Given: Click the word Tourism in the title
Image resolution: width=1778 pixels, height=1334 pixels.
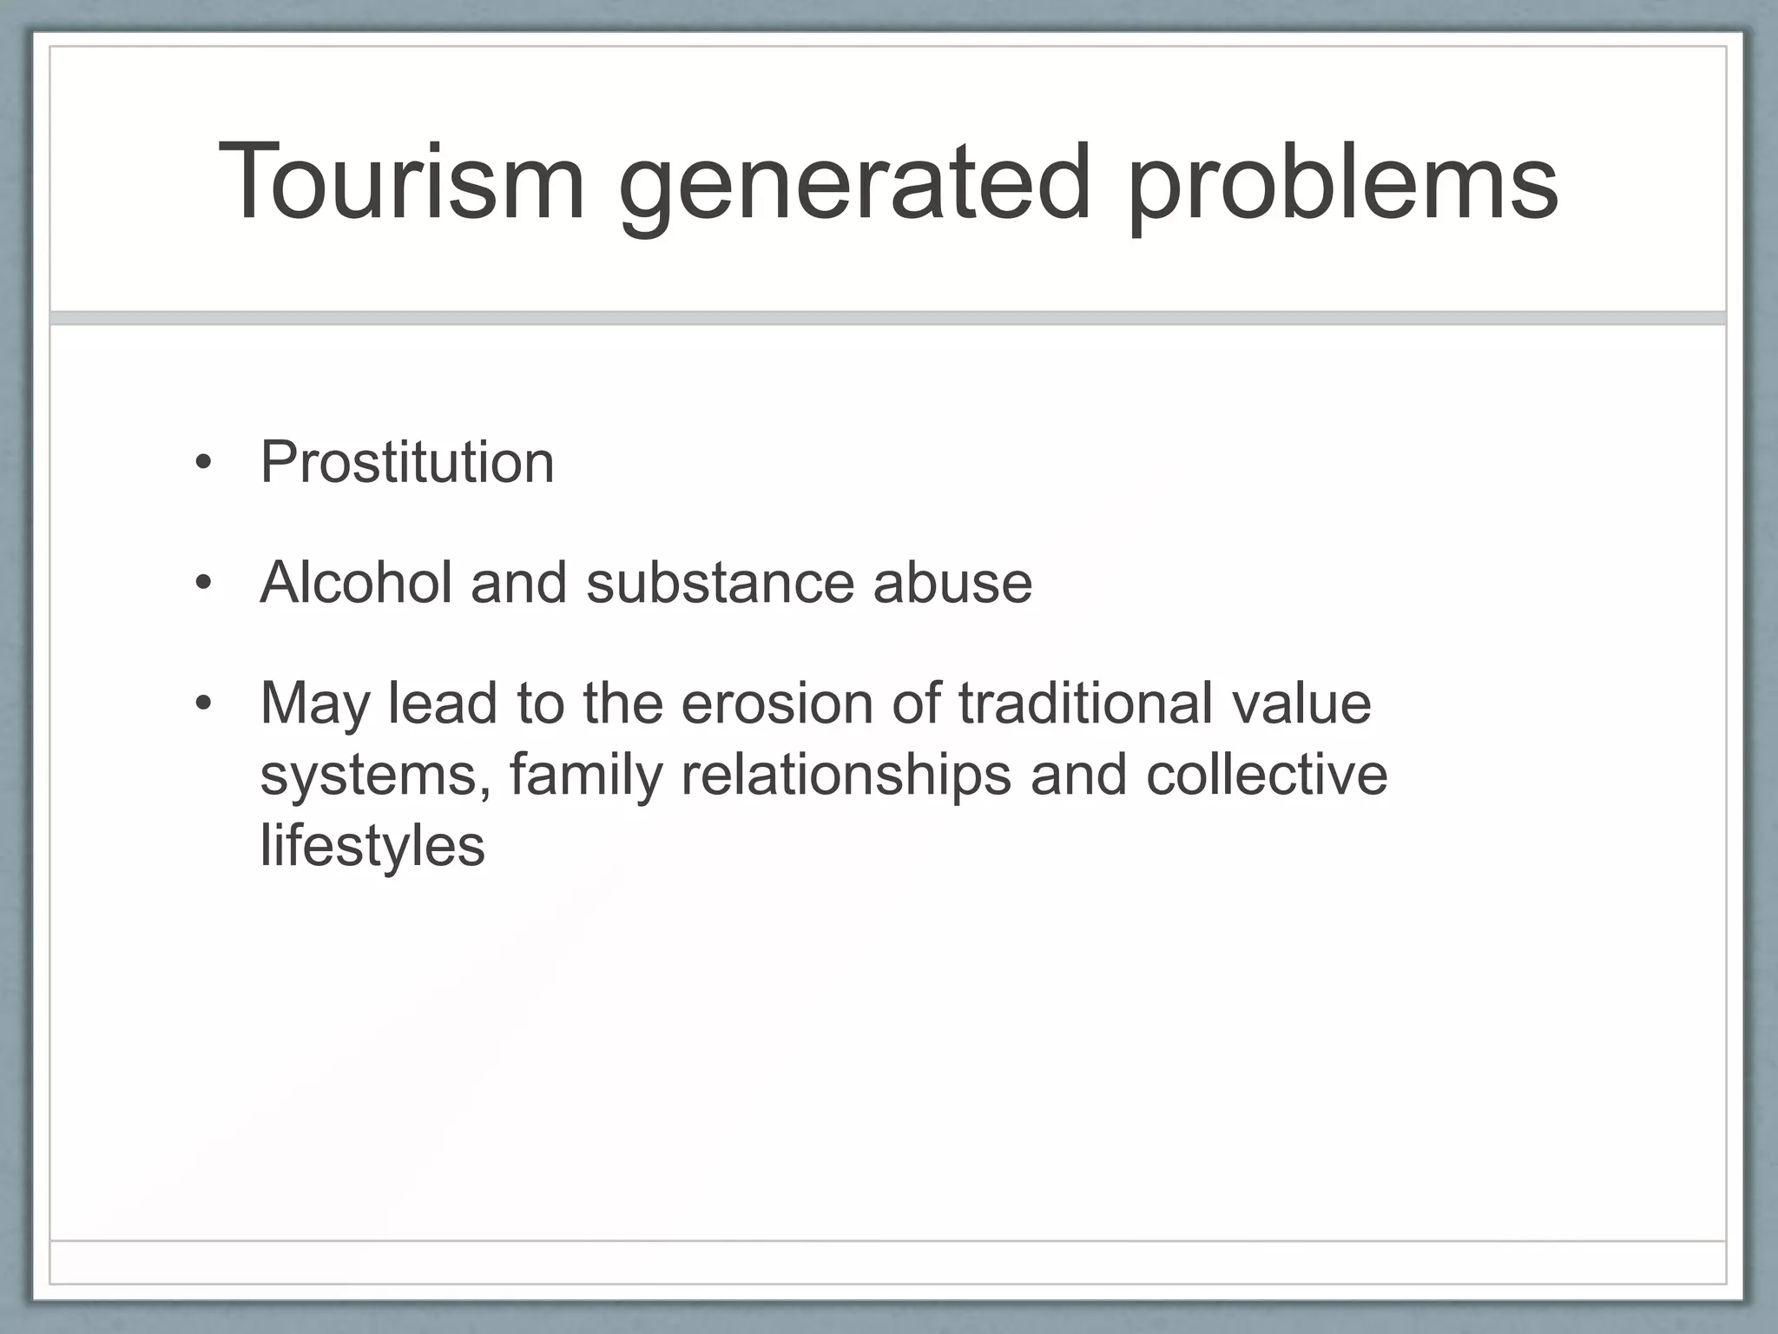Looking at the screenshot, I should [x=401, y=182].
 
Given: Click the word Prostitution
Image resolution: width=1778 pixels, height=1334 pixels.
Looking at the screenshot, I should [x=406, y=462].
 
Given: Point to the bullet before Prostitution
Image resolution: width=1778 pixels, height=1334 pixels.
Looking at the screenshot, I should [x=203, y=464].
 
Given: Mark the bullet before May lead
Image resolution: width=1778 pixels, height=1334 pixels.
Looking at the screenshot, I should [x=203, y=703].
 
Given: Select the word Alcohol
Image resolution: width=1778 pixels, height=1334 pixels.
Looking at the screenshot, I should [x=356, y=582].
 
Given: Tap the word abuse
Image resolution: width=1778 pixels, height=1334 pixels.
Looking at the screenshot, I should [x=952, y=582].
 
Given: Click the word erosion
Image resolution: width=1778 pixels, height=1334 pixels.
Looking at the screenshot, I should [x=776, y=703].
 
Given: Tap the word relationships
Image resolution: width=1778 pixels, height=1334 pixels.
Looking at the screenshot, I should [x=846, y=775].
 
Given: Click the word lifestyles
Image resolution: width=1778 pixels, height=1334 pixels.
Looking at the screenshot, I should [x=372, y=845].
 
